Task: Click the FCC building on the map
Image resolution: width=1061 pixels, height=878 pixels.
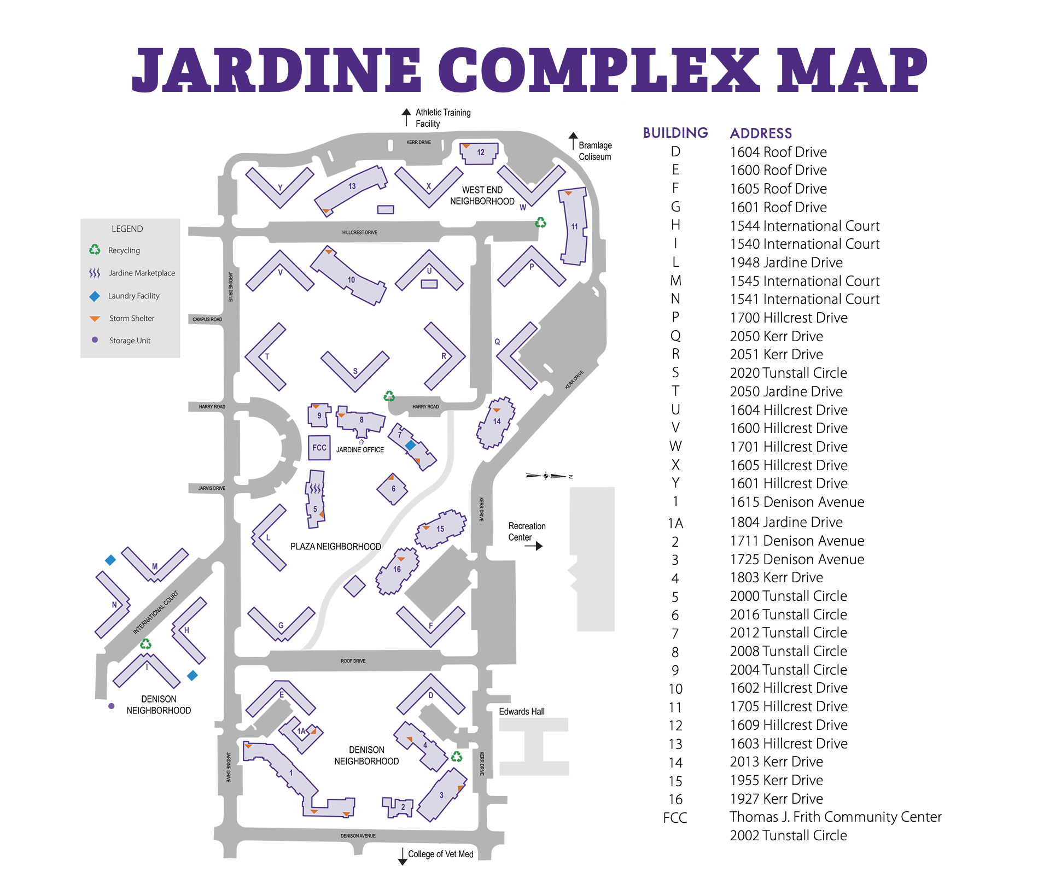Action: (x=319, y=448)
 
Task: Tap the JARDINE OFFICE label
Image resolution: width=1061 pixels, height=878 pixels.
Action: (x=360, y=450)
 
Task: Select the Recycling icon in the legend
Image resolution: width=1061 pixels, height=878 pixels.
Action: (x=95, y=250)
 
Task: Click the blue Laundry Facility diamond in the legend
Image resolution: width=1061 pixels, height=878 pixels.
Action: (x=95, y=296)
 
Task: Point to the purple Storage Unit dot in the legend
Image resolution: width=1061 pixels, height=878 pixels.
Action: (x=95, y=340)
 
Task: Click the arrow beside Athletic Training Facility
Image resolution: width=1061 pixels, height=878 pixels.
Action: (x=406, y=117)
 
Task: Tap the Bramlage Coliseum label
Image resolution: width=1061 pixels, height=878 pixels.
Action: (x=595, y=151)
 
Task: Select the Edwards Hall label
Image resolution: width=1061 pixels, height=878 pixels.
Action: (x=521, y=711)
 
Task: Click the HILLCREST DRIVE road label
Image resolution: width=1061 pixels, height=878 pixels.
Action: (x=359, y=232)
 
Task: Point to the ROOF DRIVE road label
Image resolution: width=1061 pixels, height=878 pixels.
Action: (x=353, y=661)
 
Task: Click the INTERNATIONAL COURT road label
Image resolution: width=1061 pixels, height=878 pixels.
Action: (x=155, y=612)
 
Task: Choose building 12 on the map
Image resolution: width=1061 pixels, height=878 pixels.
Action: (x=480, y=153)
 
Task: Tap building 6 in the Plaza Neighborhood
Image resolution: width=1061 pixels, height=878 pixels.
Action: (x=392, y=489)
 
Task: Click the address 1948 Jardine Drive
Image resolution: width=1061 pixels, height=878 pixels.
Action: (x=786, y=262)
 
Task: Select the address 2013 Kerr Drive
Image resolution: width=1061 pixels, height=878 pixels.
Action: (x=776, y=762)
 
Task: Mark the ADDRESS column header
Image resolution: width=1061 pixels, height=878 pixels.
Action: (x=761, y=133)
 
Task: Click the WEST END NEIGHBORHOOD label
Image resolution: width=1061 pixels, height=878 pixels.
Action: (x=482, y=196)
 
